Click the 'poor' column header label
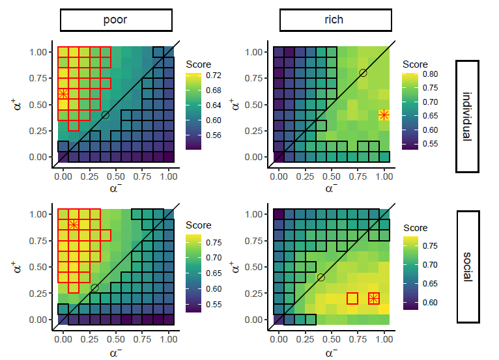pyautogui.click(x=115, y=20)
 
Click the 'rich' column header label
pyautogui.click(x=334, y=20)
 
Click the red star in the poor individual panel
pyautogui.click(x=63, y=94)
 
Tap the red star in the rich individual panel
pyautogui.click(x=384, y=115)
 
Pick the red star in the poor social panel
pyautogui.click(x=74, y=225)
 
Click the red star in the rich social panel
pyautogui.click(x=373, y=298)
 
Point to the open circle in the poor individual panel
pyautogui.click(x=106, y=115)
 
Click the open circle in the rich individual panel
pyautogui.click(x=363, y=73)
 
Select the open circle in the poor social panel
pyautogui.click(x=95, y=288)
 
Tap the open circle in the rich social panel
pyautogui.click(x=321, y=277)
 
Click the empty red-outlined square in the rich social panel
pyautogui.click(x=352, y=298)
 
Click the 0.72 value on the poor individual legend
pyautogui.click(x=212, y=76)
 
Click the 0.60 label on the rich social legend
pyautogui.click(x=429, y=303)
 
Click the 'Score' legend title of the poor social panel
pyautogui.click(x=199, y=225)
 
